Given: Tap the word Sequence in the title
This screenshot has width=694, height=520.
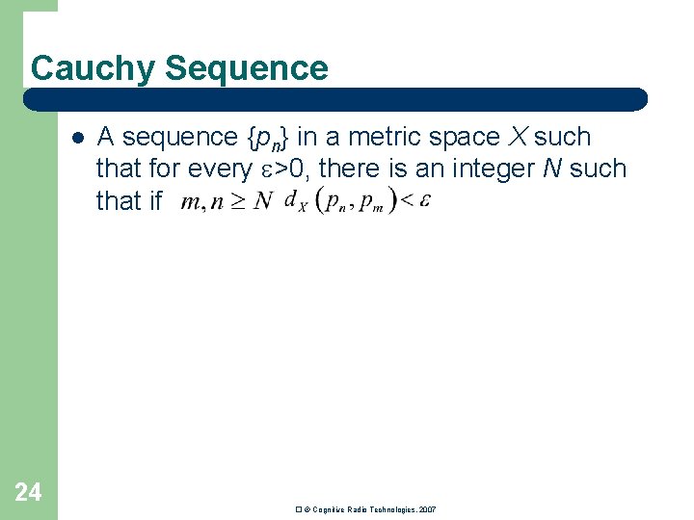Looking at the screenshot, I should click(247, 68).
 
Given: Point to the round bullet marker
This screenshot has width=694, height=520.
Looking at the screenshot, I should click(77, 137).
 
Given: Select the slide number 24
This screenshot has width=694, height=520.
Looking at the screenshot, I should click(28, 493).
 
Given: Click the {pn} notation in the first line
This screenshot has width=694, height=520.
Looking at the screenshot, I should click(269, 139).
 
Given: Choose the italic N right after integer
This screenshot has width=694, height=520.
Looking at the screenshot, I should click(552, 169).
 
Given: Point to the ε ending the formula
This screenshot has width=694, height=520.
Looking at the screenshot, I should click(425, 200).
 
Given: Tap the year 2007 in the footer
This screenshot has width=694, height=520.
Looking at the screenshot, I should click(428, 508).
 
